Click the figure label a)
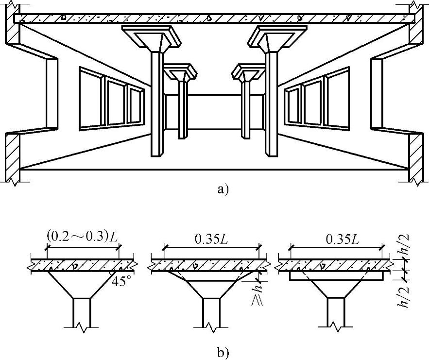[x=222, y=189]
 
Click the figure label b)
[x=222, y=351]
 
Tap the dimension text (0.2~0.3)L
[x=82, y=237]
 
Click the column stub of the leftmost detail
[x=81, y=311]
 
